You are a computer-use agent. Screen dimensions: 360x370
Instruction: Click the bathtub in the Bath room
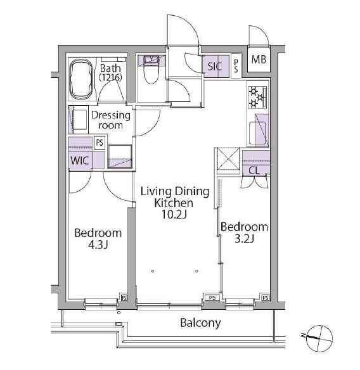(81, 79)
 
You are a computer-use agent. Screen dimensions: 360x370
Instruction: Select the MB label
(259, 60)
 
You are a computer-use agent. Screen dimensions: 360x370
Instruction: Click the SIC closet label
(215, 67)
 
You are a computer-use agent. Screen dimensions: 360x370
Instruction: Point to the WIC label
(80, 161)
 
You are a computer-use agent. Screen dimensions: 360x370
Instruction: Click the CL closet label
(254, 170)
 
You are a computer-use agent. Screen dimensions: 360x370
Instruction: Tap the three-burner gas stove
(257, 97)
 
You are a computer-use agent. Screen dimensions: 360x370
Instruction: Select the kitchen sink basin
(258, 132)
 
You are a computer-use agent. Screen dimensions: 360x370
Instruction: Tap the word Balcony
(200, 323)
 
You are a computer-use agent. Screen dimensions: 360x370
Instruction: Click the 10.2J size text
(174, 215)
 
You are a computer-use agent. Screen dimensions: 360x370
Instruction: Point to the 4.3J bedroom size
(98, 245)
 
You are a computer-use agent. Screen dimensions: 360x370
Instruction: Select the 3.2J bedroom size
(244, 239)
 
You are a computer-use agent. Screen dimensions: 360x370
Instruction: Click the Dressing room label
(110, 120)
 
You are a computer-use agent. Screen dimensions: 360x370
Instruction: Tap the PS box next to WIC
(100, 143)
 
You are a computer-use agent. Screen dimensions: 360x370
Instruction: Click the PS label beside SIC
(236, 66)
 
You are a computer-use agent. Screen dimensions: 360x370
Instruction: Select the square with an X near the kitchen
(228, 159)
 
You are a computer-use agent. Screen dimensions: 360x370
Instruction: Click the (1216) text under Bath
(110, 77)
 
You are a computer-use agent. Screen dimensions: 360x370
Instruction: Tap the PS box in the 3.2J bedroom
(266, 298)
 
